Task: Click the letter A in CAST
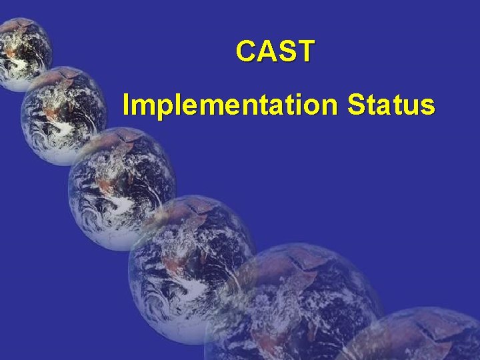coord(266,51)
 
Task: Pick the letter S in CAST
coord(285,51)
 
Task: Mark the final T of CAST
coord(303,51)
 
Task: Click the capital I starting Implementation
coord(127,105)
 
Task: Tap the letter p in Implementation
coord(158,108)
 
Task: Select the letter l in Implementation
coord(170,105)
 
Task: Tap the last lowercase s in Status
coord(429,107)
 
